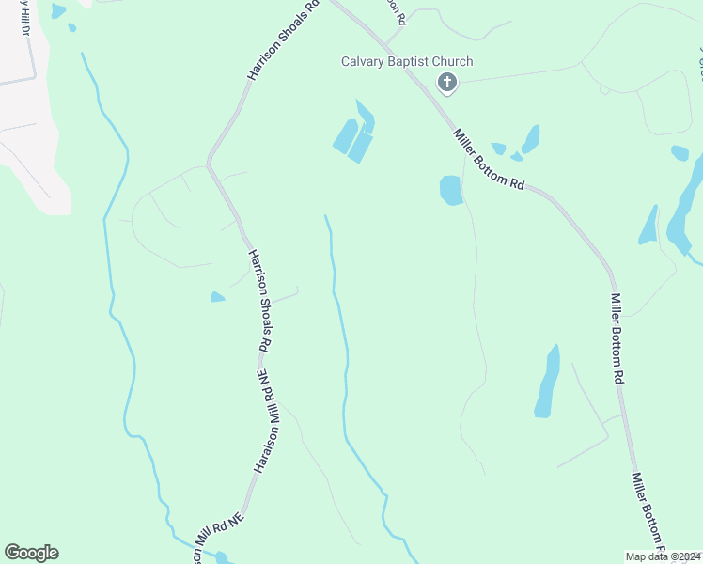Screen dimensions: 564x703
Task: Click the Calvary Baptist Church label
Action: (x=406, y=62)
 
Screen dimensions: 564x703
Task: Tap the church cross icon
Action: (x=447, y=84)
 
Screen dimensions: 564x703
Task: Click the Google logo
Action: (x=31, y=553)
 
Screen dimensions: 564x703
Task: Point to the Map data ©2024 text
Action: (x=664, y=556)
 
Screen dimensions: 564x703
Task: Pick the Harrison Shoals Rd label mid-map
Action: (x=259, y=301)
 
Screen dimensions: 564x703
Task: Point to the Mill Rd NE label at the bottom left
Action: (x=218, y=533)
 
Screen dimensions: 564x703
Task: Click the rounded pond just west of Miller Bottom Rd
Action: (x=450, y=191)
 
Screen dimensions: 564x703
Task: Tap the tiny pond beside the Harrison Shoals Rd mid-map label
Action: (x=217, y=297)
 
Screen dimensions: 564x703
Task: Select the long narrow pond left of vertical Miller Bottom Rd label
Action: (x=547, y=382)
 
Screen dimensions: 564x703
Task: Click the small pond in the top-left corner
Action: (x=58, y=11)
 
